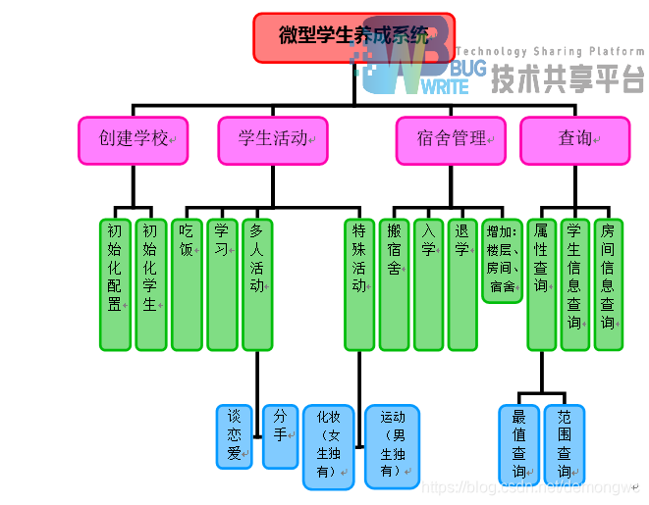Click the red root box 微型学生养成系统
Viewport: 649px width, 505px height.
tap(353, 37)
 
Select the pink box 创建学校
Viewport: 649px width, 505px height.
tap(134, 140)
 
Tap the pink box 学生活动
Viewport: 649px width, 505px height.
tap(273, 140)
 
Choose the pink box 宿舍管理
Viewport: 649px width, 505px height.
tap(452, 140)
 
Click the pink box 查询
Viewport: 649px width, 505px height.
tap(575, 140)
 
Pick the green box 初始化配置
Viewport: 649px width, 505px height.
tap(116, 284)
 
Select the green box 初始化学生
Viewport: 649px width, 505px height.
tap(150, 284)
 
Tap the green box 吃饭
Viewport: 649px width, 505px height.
tap(187, 284)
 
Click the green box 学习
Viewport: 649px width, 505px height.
tap(222, 284)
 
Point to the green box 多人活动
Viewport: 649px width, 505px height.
tap(257, 284)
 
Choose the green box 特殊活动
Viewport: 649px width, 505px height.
tap(359, 284)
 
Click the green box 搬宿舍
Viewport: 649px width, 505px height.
tap(395, 284)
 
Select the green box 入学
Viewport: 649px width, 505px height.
tap(429, 284)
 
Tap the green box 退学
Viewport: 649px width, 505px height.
tap(462, 284)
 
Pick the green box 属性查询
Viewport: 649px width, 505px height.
tap(541, 284)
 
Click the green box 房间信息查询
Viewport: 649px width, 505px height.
tap(609, 284)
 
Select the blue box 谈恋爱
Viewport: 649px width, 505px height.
tap(235, 436)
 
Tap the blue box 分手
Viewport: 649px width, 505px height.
tap(280, 436)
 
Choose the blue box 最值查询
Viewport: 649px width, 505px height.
tap(519, 444)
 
